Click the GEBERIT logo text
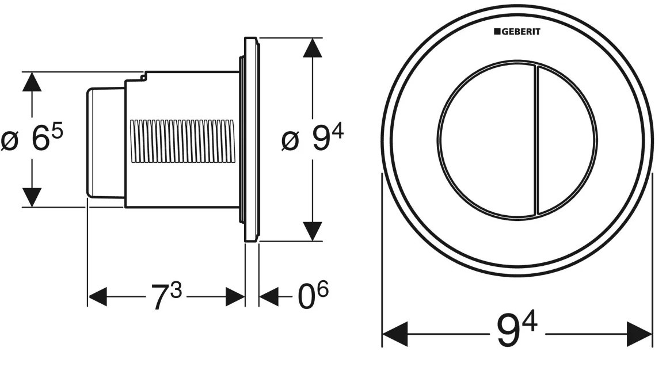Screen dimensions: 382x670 click(517, 32)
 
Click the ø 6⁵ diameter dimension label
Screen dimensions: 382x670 click(32, 139)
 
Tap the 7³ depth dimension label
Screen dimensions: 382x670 click(166, 297)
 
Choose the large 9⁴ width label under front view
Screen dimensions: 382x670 click(517, 332)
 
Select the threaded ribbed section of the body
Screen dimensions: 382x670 click(182, 142)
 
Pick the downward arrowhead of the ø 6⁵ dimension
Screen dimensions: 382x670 click(32, 197)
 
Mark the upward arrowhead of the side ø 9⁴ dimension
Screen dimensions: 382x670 click(313, 48)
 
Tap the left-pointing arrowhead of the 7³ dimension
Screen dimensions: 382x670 click(98, 297)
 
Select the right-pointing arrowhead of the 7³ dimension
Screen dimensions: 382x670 click(235, 297)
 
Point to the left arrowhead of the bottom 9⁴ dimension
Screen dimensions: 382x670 click(395, 334)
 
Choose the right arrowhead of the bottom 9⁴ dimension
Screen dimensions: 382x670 click(639, 334)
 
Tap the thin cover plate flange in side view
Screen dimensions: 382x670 click(252, 139)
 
